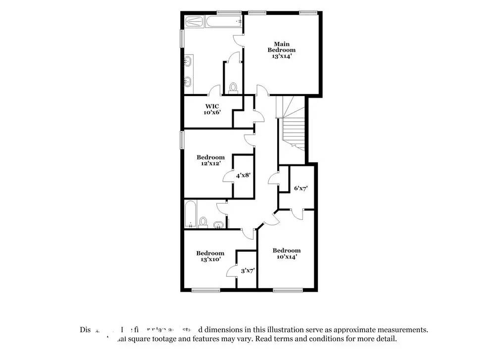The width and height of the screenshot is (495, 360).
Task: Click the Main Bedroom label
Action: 282,47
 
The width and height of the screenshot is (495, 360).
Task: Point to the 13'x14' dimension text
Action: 282,56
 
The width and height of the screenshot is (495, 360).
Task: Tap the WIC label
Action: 212,106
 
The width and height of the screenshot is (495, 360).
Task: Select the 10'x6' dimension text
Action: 212,112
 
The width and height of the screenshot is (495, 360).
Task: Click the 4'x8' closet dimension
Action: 243,175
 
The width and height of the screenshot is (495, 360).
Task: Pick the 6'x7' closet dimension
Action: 301,188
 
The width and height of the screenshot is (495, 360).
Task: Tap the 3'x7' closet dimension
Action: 247,271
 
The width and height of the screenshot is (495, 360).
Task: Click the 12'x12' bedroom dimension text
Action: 210,163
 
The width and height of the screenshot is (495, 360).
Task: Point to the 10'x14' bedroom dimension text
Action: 287,257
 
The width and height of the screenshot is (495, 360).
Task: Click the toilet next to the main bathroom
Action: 234,88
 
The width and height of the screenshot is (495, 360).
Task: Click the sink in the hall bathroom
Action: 218,225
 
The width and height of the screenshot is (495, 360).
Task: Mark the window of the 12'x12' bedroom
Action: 181,139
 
